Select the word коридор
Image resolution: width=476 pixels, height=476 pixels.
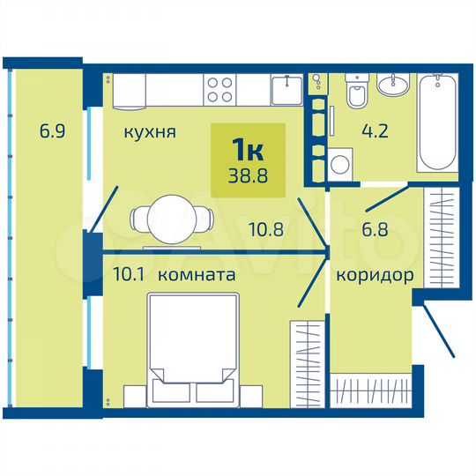tap(375, 275)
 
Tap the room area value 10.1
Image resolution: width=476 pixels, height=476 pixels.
tap(130, 275)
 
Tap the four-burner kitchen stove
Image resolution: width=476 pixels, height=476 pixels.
tap(220, 89)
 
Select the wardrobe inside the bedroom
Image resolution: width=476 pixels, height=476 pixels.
tap(307, 353)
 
